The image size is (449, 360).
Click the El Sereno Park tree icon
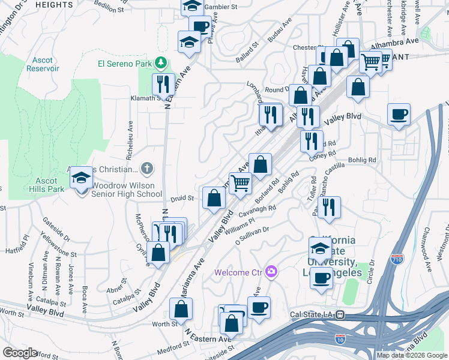160,62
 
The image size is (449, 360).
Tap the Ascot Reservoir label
43,64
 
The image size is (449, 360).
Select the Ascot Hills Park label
46,185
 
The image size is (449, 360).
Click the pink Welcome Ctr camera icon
272,272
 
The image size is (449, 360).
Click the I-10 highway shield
340,340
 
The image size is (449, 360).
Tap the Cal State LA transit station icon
340,314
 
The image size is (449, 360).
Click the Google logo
20,352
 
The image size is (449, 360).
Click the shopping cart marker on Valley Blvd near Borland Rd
241,183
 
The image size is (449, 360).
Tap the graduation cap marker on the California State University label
321,247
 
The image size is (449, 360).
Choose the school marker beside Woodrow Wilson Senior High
82,178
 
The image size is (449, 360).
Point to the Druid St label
183,197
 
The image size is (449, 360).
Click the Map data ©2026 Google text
411,355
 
